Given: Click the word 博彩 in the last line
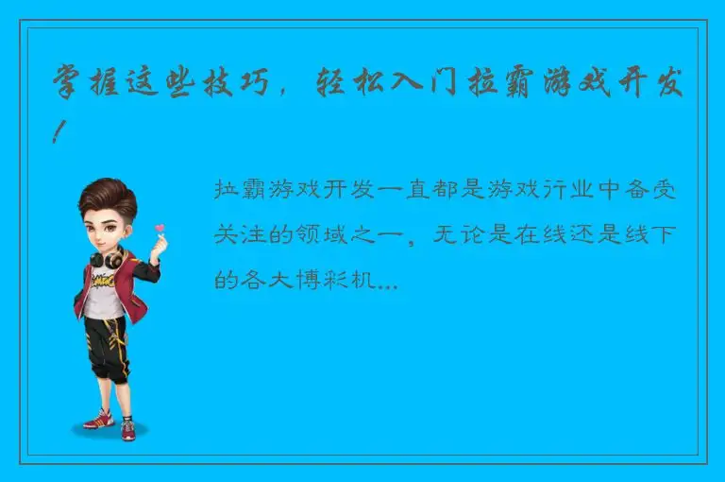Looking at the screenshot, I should (326, 280).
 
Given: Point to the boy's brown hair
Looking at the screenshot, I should (106, 194).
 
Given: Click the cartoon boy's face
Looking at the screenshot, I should (108, 225).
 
